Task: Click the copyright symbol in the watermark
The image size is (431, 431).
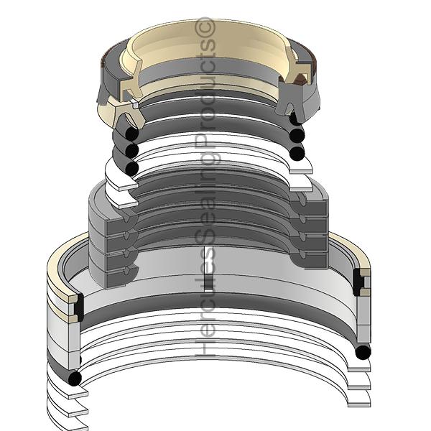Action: click(x=205, y=28)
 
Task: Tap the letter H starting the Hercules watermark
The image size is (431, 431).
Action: click(x=205, y=348)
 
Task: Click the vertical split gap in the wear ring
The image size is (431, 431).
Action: click(x=209, y=269)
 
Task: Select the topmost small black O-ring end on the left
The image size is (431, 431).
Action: click(x=131, y=134)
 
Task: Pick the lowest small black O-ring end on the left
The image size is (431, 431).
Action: click(x=131, y=168)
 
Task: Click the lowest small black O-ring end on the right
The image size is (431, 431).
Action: click(x=297, y=154)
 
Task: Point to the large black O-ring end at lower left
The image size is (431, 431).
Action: click(x=75, y=379)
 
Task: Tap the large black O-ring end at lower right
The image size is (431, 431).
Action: click(x=363, y=352)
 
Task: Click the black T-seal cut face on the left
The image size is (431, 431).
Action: click(x=80, y=307)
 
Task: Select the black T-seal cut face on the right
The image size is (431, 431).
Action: click(x=358, y=282)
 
